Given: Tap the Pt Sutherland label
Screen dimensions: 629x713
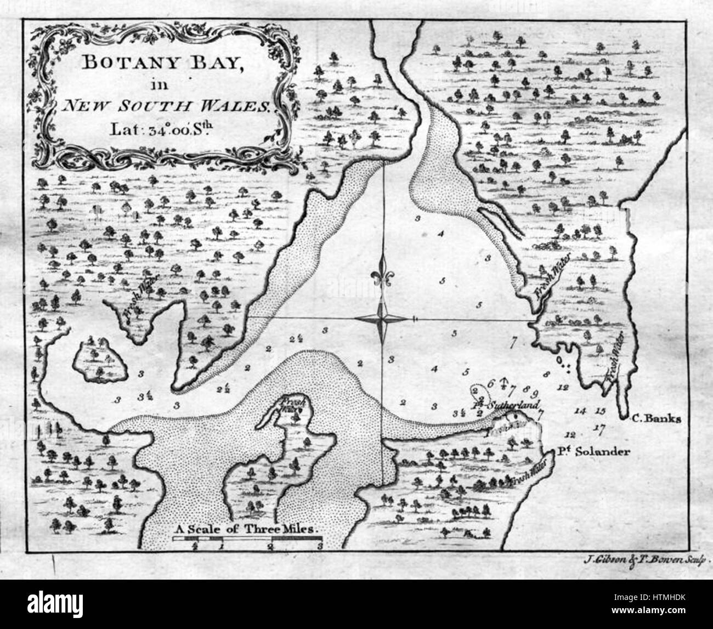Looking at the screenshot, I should click(505, 406).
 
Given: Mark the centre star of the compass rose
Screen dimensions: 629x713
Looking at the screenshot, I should click(382, 319).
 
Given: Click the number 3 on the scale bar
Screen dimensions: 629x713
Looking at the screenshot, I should click(319, 546).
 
